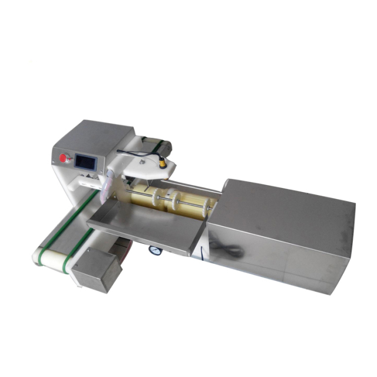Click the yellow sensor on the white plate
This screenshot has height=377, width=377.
coord(161,160)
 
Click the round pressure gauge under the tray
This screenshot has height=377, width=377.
coord(155,251)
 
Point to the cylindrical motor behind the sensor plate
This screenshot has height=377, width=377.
coord(163,145)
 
